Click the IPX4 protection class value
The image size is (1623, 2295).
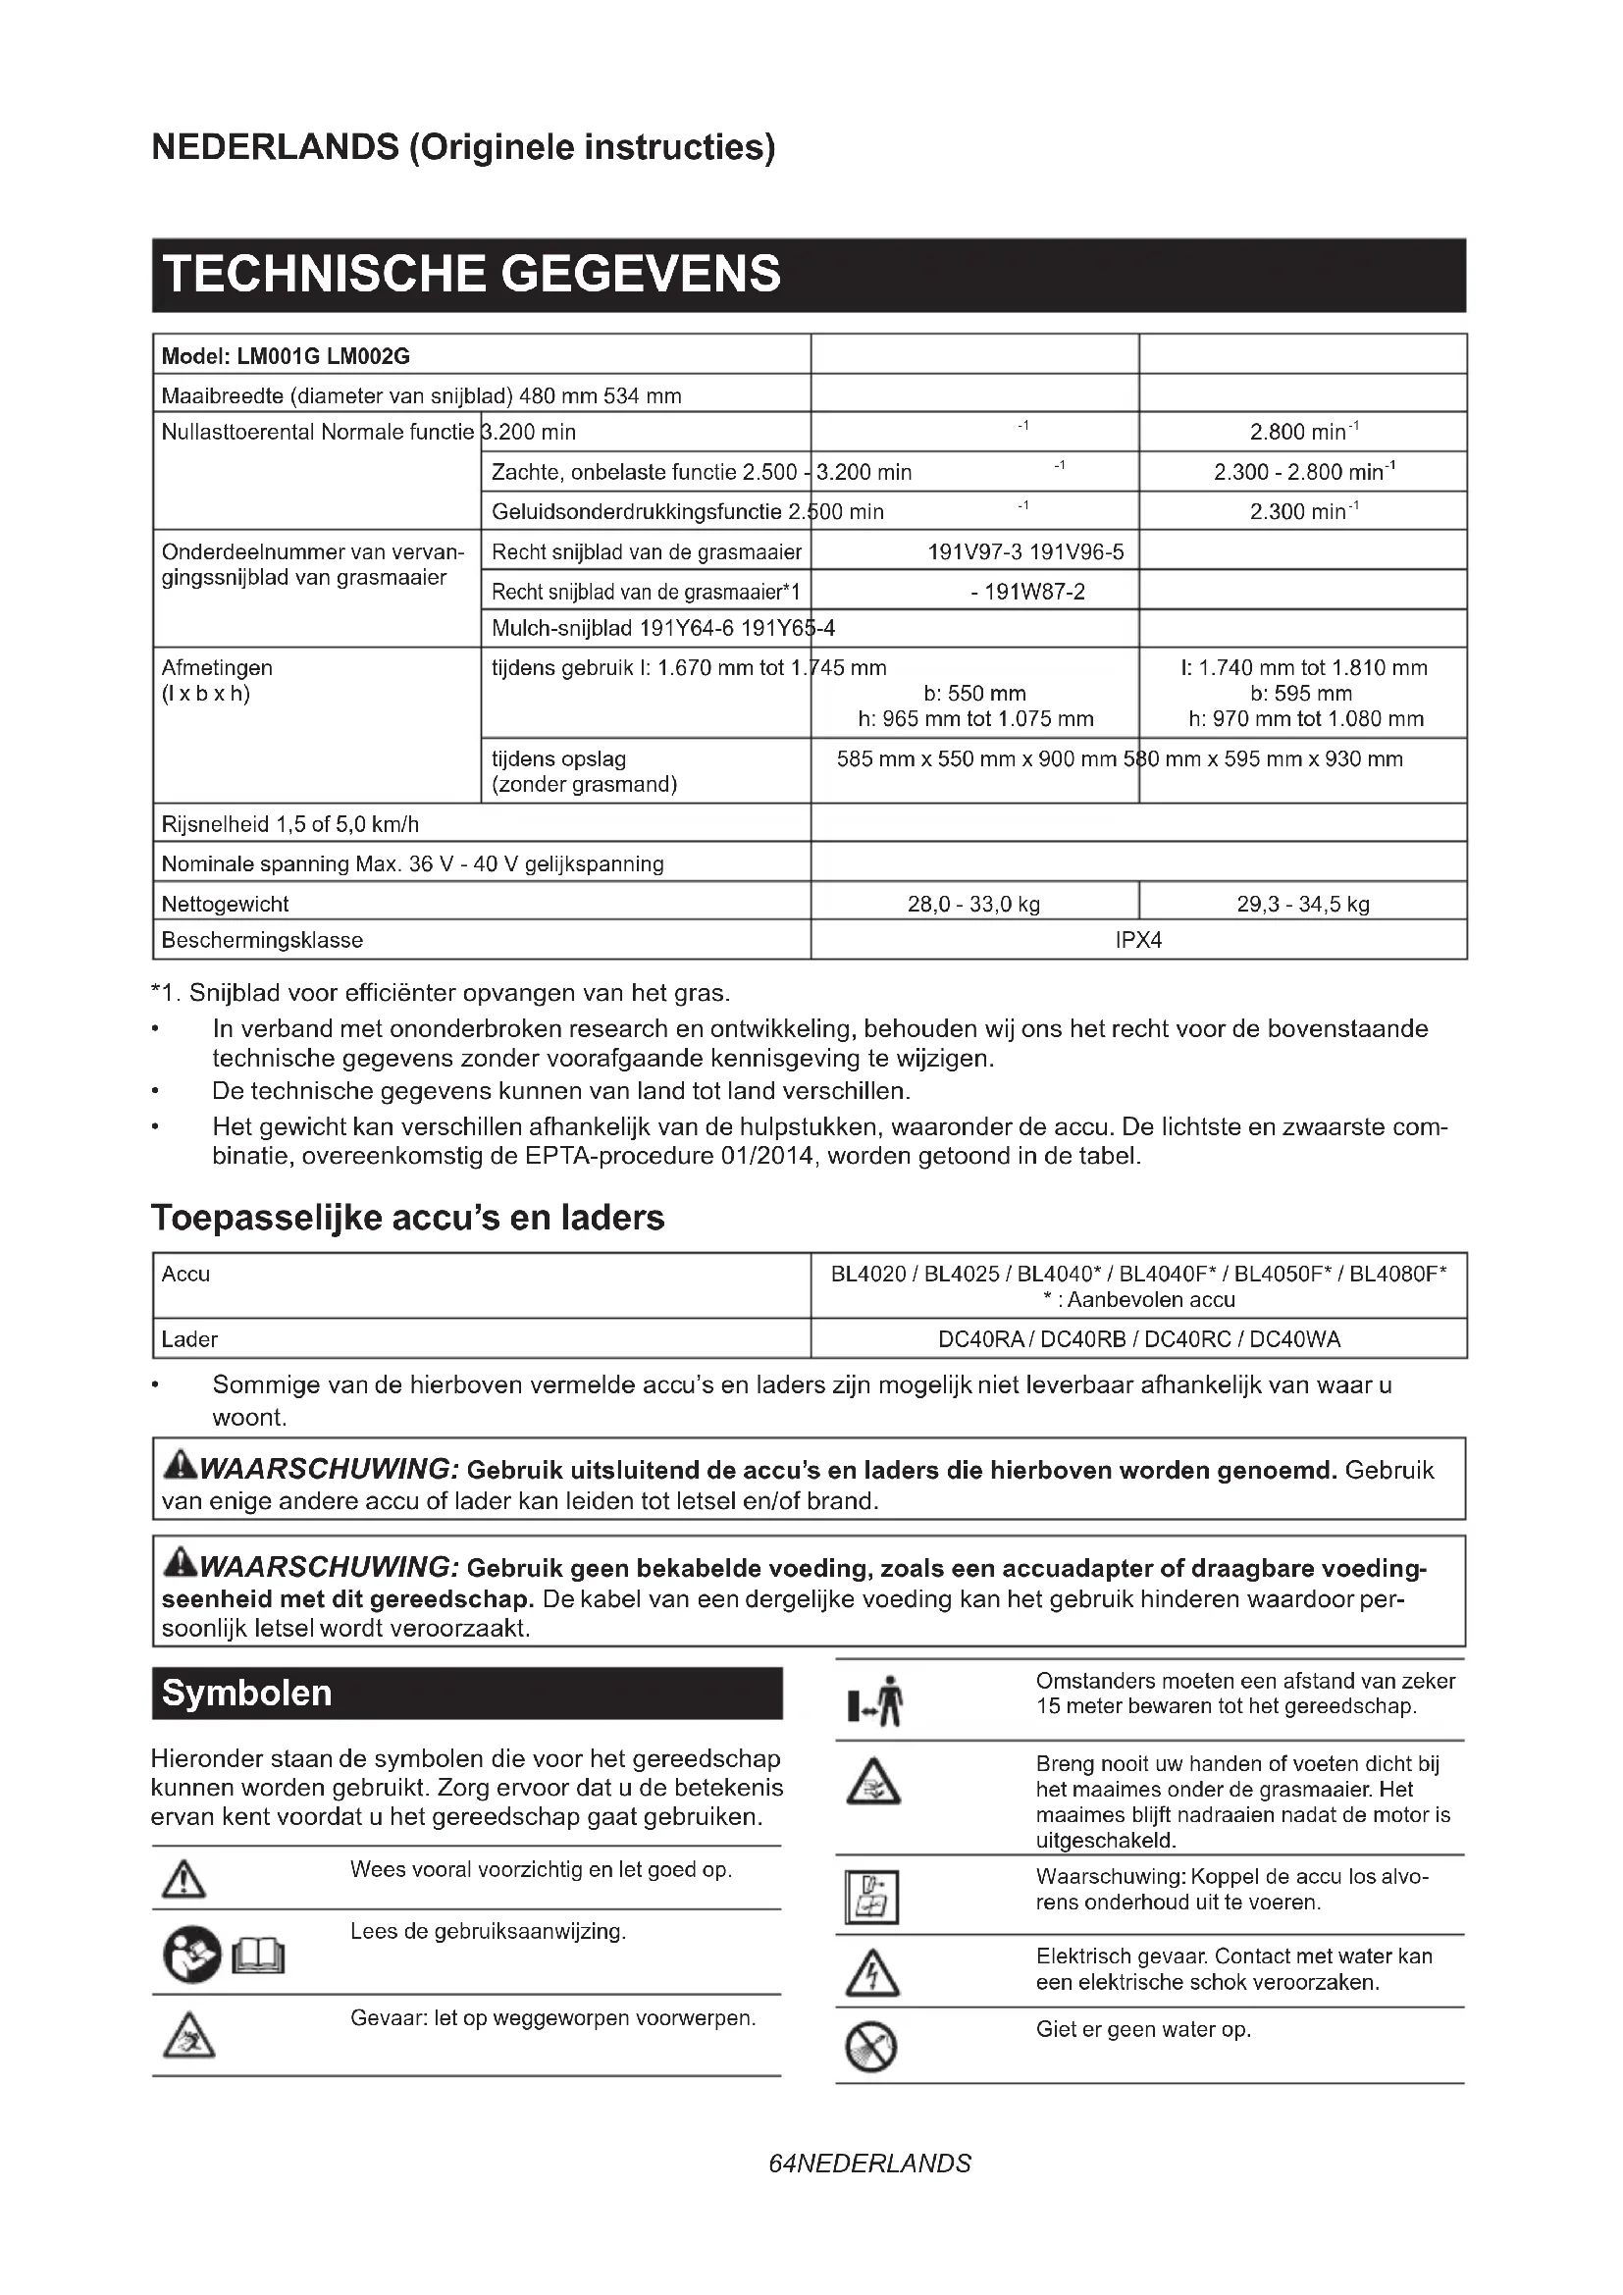click(x=1138, y=940)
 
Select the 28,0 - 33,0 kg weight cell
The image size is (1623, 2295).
click(x=973, y=904)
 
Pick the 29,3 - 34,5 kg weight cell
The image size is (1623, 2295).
click(x=1302, y=904)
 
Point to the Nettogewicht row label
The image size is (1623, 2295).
click(x=226, y=904)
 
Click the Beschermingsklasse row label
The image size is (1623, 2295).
click(x=262, y=940)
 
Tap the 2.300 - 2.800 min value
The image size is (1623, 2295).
click(x=1302, y=472)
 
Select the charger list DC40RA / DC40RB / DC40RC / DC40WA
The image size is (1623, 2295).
click(x=1138, y=1338)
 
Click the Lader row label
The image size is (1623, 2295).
click(x=190, y=1338)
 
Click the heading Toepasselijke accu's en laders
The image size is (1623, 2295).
click(x=408, y=1218)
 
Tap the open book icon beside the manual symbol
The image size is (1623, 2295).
click(x=259, y=1956)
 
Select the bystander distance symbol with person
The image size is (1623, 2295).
click(x=876, y=1701)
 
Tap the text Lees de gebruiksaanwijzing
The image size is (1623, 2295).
click(x=488, y=1931)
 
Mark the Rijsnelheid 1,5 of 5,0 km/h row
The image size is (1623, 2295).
click(x=290, y=823)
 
